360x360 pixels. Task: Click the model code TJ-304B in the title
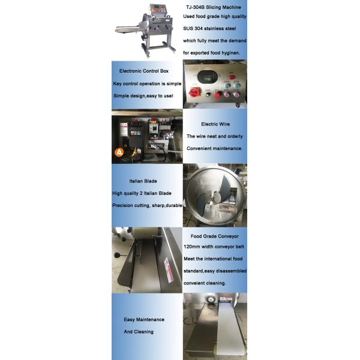pos(195,7)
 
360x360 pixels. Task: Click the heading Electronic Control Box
pos(144,71)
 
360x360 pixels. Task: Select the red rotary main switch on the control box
pos(194,92)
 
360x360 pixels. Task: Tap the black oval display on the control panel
pos(208,77)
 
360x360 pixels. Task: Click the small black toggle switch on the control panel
pos(208,94)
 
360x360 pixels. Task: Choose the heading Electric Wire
pos(215,124)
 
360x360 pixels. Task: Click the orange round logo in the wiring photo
pos(119,152)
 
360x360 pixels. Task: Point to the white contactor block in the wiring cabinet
pos(154,128)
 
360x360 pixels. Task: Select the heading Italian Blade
pos(143,181)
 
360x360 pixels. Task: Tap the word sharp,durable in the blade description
pos(167,205)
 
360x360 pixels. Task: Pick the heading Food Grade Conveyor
pos(214,236)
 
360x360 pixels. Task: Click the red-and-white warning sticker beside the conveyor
pos(169,270)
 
